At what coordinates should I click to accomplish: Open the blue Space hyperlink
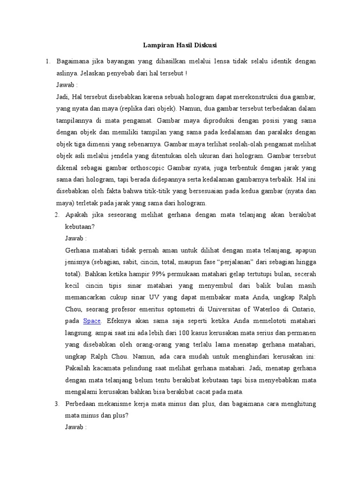tap(92, 321)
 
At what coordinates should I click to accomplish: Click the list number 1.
tap(47, 61)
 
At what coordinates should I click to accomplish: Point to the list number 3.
tap(56, 404)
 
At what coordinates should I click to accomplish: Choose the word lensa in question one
tap(209, 61)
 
